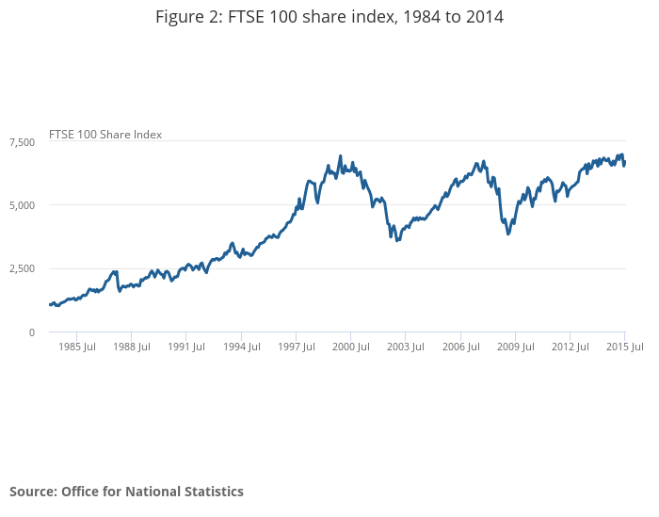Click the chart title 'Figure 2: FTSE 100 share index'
tap(329, 17)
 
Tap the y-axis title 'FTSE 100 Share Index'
tap(105, 135)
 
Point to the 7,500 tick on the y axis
tap(22, 141)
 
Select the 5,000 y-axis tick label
tap(22, 205)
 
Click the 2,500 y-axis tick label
tap(22, 268)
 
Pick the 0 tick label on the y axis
tap(31, 332)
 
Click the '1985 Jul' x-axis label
tap(76, 347)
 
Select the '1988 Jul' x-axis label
tap(131, 347)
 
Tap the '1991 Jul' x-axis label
tap(185, 347)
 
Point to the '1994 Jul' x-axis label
tap(241, 347)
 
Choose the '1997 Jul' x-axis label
tap(296, 347)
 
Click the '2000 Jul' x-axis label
tap(350, 347)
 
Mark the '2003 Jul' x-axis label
tap(405, 347)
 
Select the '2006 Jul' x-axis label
tap(459, 347)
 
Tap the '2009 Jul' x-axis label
tap(515, 347)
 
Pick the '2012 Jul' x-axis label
tap(570, 347)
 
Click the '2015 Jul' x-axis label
tap(624, 347)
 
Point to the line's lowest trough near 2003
tap(397, 240)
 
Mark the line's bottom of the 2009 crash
tap(508, 234)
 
